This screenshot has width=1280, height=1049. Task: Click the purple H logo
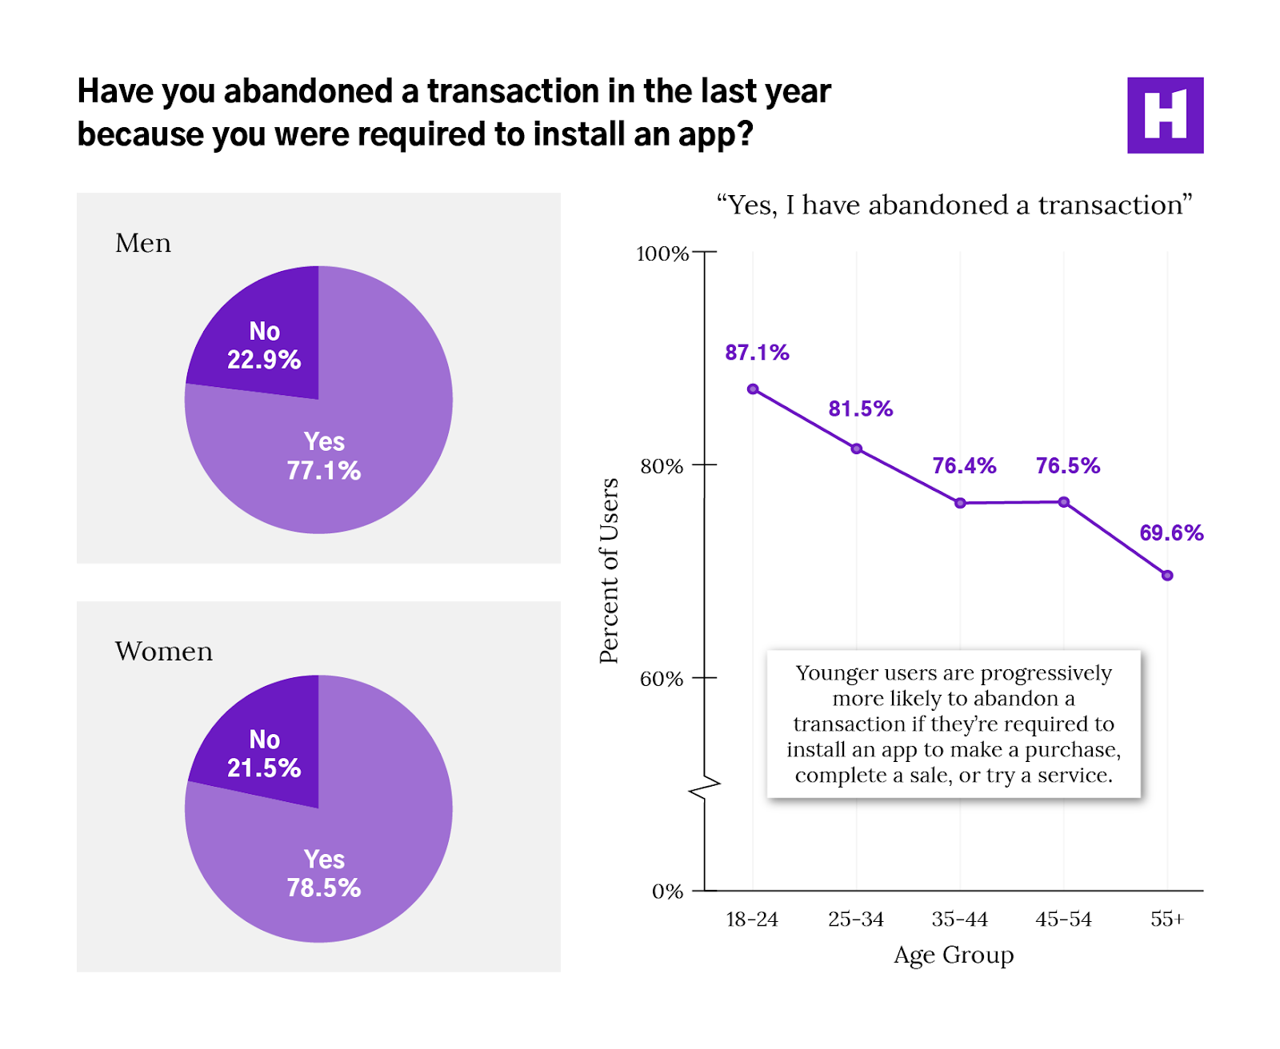point(1165,115)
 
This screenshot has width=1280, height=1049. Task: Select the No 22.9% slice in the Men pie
point(263,346)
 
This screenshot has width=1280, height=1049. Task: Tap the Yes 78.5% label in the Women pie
point(324,874)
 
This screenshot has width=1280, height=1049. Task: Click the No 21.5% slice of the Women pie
point(263,754)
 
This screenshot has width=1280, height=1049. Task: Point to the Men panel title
point(143,243)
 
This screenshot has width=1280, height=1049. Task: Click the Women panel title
point(164,652)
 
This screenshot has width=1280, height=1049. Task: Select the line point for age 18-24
point(753,389)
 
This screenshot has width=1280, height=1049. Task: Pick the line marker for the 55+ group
point(1167,576)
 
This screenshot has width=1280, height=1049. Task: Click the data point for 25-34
point(857,449)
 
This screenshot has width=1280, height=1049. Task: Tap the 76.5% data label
point(1067,466)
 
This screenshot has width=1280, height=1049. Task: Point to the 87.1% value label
point(757,353)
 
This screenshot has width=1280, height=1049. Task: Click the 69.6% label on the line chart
point(1171,533)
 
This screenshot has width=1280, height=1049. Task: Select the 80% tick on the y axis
point(662,466)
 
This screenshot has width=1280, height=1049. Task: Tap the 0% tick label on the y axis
point(667,891)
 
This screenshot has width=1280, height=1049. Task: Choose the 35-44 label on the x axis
point(960,919)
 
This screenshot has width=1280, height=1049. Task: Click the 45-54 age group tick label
point(1063,919)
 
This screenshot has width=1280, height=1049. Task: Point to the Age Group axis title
point(954,955)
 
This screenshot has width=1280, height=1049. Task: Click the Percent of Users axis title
point(610,571)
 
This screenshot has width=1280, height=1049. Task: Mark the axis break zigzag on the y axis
point(705,789)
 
